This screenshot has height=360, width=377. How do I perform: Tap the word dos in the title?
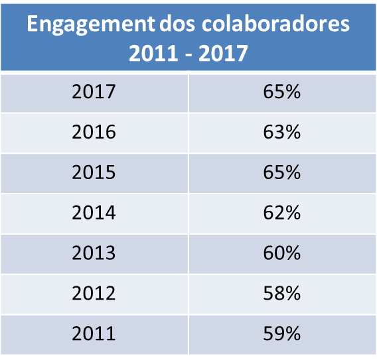(x=177, y=23)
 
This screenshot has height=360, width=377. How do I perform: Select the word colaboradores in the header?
(x=275, y=23)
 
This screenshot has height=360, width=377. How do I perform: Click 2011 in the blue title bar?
(x=153, y=53)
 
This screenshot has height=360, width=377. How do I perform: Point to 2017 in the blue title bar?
(x=223, y=53)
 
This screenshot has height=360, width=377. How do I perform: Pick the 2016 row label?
(x=94, y=132)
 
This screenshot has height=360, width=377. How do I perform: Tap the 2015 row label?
(x=94, y=172)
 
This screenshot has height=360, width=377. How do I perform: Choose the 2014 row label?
(x=94, y=213)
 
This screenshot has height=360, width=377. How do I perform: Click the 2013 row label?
(x=94, y=253)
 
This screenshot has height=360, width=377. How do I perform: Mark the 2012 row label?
(x=94, y=293)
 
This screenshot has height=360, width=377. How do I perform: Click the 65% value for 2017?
(x=282, y=91)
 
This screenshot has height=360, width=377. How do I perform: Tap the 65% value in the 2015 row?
(x=282, y=172)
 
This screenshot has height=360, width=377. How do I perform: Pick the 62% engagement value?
(x=282, y=213)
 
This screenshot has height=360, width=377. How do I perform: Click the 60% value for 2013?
(x=282, y=253)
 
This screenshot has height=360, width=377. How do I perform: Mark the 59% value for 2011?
(x=282, y=333)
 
